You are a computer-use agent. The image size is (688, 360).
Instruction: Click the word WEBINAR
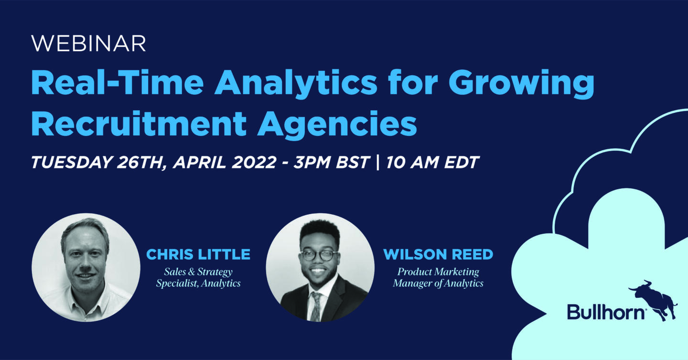(x=88, y=44)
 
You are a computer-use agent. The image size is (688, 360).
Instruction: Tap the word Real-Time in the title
(x=118, y=83)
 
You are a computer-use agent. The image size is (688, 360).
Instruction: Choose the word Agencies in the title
(x=337, y=125)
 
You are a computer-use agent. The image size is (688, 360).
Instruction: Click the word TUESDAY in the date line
(x=72, y=163)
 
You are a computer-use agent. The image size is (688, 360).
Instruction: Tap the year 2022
(x=254, y=163)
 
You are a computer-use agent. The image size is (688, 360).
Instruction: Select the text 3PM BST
(x=331, y=163)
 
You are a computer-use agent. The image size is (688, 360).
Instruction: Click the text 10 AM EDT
(x=432, y=163)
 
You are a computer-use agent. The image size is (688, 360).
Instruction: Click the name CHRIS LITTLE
(x=198, y=254)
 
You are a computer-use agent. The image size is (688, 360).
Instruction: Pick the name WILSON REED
(x=438, y=254)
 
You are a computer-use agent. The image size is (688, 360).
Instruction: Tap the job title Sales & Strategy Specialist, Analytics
(x=198, y=277)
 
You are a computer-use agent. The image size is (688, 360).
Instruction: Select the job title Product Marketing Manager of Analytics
(x=438, y=277)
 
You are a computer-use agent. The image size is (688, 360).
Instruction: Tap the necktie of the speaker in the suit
(x=315, y=306)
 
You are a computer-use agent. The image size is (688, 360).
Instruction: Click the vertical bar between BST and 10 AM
(x=377, y=163)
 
